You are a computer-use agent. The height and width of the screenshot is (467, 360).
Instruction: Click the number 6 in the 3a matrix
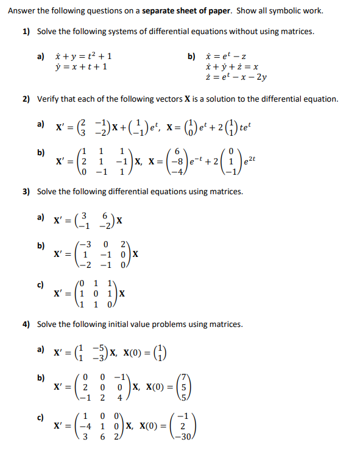105,216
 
